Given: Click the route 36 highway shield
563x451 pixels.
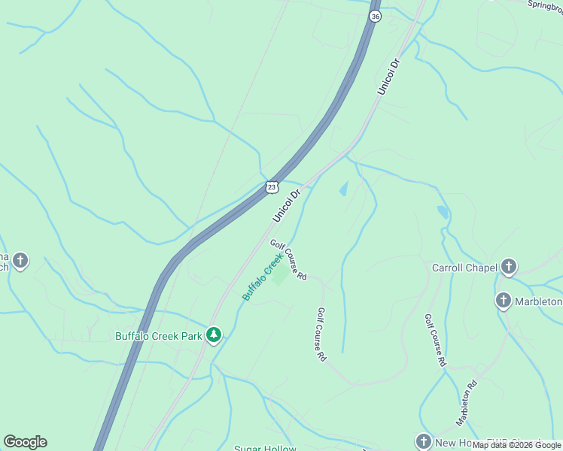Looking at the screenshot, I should (x=376, y=16).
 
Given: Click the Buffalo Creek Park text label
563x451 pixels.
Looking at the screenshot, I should (x=158, y=336).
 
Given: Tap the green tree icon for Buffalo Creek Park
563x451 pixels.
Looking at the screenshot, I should (x=214, y=334).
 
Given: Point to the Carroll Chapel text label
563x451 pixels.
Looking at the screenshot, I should (x=464, y=267).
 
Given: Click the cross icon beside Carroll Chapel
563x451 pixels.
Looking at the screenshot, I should (x=510, y=266).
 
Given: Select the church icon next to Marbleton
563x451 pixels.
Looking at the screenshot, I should (x=503, y=301).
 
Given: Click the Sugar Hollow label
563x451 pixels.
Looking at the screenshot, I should (x=265, y=448).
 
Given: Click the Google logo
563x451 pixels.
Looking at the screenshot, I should (x=25, y=442).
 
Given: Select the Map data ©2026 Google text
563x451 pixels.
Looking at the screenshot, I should (x=516, y=446).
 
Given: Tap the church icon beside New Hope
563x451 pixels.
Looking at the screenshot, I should (x=424, y=441).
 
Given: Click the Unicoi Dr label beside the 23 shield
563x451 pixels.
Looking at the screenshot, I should (x=287, y=204).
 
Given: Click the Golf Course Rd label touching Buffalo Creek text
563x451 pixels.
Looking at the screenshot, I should (x=288, y=260).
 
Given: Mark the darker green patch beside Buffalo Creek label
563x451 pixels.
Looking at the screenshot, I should (x=279, y=276).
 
